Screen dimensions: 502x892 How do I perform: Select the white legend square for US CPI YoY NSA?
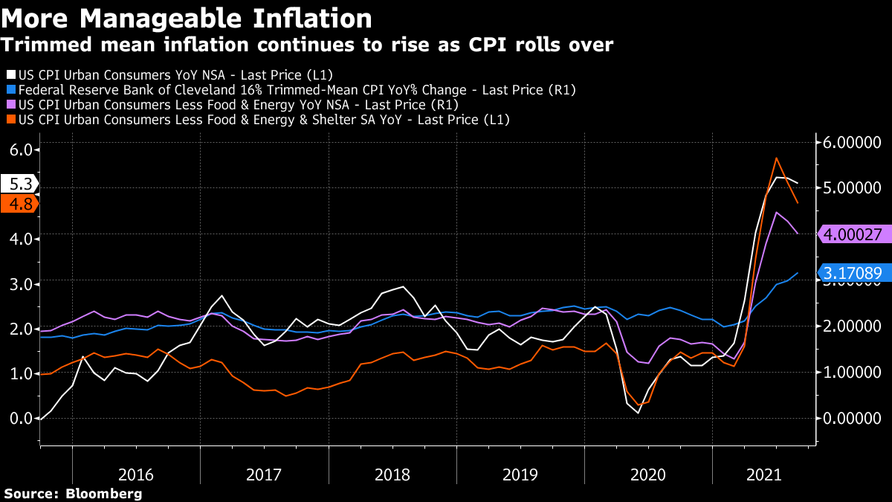tap(10, 75)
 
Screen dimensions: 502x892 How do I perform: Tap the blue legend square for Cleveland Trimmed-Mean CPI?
tap(10, 90)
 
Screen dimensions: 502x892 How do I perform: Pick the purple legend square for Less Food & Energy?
tap(10, 105)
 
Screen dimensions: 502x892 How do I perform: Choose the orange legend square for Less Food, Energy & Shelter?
tap(10, 120)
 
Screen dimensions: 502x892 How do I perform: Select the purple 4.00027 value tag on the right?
tap(853, 234)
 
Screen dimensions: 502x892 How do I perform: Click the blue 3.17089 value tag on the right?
tap(853, 274)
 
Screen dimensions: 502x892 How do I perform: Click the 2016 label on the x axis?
tap(136, 474)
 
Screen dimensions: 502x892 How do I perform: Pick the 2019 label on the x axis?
tap(520, 474)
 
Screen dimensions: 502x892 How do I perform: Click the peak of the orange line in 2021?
tap(776, 158)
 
